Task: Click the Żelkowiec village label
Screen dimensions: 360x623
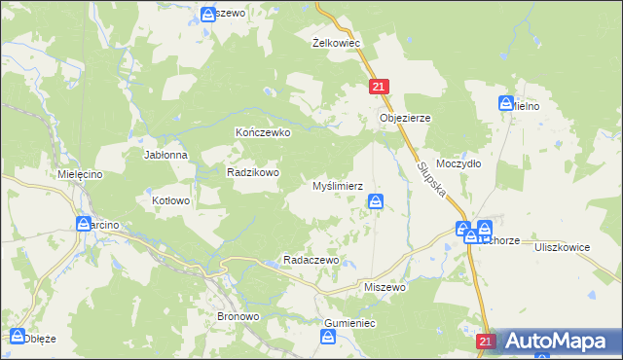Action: (337, 44)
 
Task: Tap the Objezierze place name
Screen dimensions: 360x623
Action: (404, 118)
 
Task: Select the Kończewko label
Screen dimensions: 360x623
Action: (263, 132)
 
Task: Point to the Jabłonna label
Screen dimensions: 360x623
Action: (165, 156)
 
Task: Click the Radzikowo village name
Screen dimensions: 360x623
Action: (253, 172)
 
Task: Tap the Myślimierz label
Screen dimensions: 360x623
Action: (337, 185)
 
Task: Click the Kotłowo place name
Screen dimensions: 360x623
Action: (171, 200)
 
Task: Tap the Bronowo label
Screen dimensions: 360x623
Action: (237, 317)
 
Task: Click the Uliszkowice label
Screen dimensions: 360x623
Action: (563, 247)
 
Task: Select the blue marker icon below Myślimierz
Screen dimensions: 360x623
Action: (376, 201)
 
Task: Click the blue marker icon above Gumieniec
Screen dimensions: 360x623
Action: (330, 336)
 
